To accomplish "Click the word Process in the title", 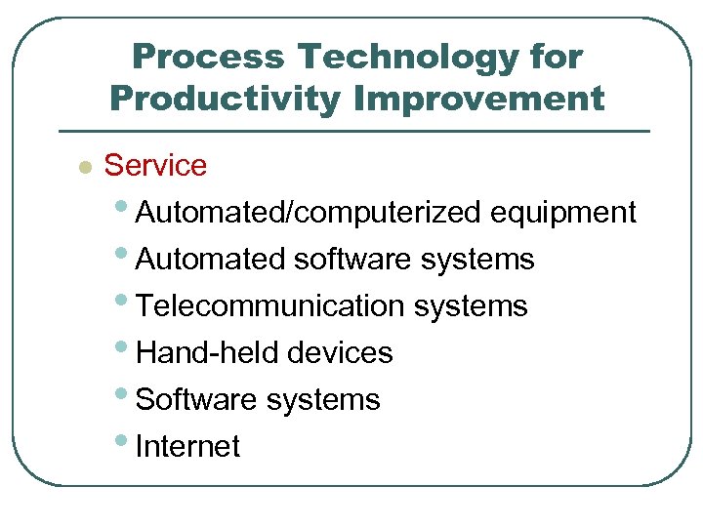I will (x=206, y=58).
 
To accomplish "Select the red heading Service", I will (x=155, y=165).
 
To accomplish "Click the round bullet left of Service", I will (x=85, y=167).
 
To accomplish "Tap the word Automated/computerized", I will (x=309, y=213).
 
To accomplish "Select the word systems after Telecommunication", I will (x=471, y=306).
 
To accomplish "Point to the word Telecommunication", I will (x=270, y=306).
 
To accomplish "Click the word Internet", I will (x=187, y=447).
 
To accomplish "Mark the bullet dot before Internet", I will (x=125, y=440).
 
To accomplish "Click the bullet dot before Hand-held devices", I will (x=125, y=346).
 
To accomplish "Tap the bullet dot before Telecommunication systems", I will (x=125, y=300).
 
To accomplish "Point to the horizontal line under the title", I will (x=353, y=131).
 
